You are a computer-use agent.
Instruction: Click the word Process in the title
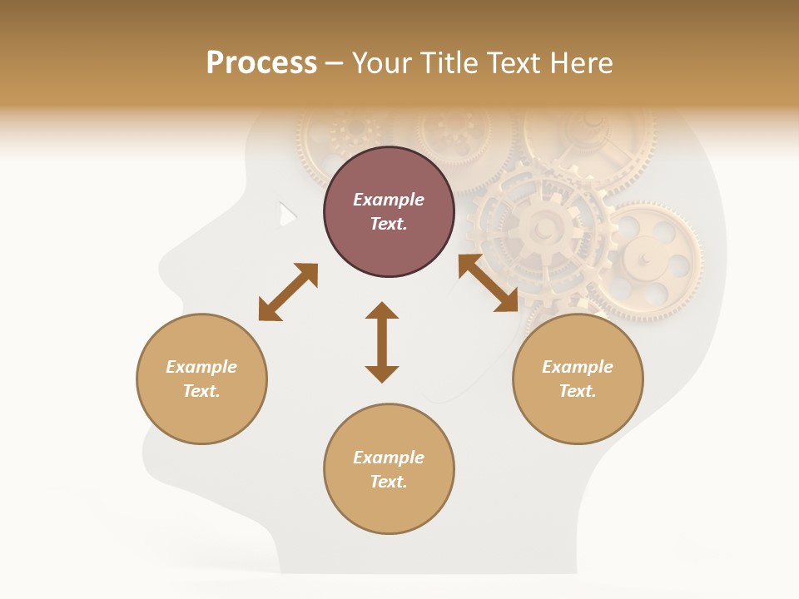click(x=261, y=63)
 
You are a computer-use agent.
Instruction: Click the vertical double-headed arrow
click(x=382, y=342)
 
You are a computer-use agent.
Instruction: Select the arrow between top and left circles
click(x=288, y=292)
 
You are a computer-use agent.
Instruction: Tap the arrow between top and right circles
click(x=488, y=283)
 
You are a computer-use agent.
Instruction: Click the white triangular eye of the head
click(x=286, y=215)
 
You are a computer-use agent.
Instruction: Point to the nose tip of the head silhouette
click(x=161, y=268)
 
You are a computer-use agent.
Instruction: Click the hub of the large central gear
click(x=543, y=226)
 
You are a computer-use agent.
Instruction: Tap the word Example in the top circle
click(x=389, y=200)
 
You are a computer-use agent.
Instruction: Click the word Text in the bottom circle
click(x=389, y=482)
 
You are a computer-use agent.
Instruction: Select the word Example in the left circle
click(x=201, y=367)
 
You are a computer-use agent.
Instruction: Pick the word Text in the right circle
click(x=578, y=391)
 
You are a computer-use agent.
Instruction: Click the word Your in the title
click(x=383, y=63)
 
